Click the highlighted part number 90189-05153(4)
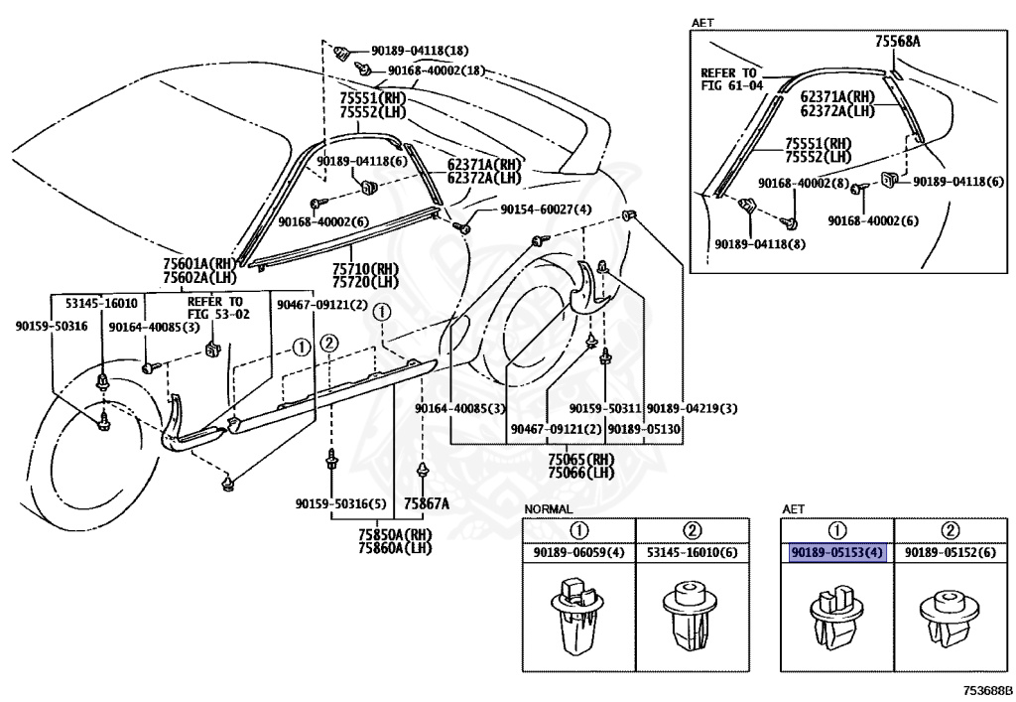coord(837,553)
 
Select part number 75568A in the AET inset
coord(897,42)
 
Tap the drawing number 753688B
coord(987,690)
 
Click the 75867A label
coord(427,503)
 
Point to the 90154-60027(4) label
coord(547,211)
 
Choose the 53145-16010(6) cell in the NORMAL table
coord(692,553)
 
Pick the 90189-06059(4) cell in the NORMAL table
coord(578,553)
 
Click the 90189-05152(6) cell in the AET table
coord(950,553)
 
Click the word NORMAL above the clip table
coord(548,509)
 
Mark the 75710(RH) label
coord(365,268)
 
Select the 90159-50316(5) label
coord(341,503)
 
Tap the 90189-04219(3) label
coord(692,408)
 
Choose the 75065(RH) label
coord(581,459)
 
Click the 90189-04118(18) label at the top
coord(420,51)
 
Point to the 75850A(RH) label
coord(395,535)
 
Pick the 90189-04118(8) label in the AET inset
coord(760,244)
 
